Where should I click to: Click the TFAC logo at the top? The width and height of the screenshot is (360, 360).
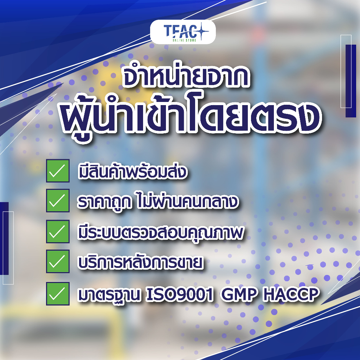tap(183, 32)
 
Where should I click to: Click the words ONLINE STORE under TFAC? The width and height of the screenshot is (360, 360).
tap(184, 40)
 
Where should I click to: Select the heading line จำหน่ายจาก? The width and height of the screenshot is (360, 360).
tap(186, 76)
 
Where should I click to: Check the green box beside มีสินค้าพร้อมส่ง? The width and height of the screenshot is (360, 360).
tap(58, 171)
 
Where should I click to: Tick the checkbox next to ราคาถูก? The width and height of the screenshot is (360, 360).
tap(58, 200)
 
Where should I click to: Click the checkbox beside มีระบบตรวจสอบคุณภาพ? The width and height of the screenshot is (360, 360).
tap(58, 231)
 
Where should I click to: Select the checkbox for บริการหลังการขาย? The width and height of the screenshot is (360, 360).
tap(58, 261)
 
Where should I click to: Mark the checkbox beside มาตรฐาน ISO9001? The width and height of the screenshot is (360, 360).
tap(58, 294)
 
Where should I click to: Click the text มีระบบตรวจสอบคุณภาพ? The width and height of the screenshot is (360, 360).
tap(160, 233)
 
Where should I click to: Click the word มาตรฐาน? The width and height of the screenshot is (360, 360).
tap(109, 295)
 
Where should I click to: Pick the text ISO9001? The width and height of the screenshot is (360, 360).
tap(180, 294)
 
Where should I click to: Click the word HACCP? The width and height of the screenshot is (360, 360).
tap(291, 294)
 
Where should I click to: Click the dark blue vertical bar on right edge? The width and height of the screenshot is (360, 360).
tap(351, 81)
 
